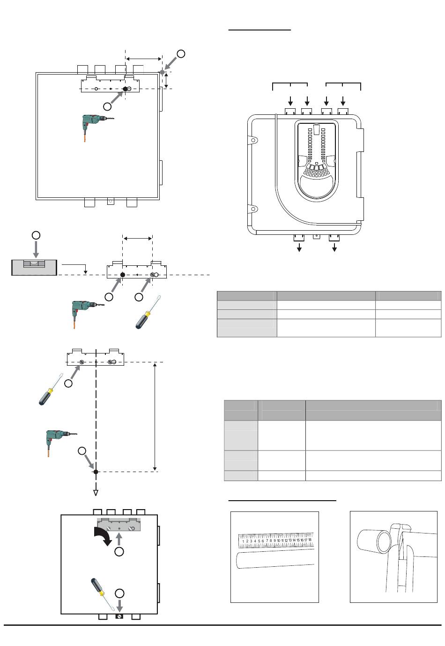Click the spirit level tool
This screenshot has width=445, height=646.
pyautogui.click(x=34, y=267)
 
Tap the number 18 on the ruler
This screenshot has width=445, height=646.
pyautogui.click(x=310, y=540)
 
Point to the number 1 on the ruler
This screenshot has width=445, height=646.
pyautogui.click(x=243, y=541)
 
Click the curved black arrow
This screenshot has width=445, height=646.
pyautogui.click(x=103, y=536)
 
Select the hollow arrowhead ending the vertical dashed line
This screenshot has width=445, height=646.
pyautogui.click(x=96, y=493)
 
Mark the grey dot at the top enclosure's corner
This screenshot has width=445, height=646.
pyautogui.click(x=162, y=72)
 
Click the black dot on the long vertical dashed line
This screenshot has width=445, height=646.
pyautogui.click(x=96, y=472)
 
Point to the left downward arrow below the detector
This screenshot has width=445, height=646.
pyautogui.click(x=299, y=247)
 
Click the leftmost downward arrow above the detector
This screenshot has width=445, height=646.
pyautogui.click(x=290, y=101)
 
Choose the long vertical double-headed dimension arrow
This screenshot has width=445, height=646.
pyautogui.click(x=155, y=417)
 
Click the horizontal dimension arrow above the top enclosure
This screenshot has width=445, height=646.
pyautogui.click(x=144, y=59)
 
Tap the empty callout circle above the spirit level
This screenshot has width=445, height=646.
pyautogui.click(x=36, y=235)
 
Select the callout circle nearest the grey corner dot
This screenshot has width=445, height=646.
pyautogui.click(x=181, y=53)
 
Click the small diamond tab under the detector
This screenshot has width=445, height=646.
pyautogui.click(x=317, y=236)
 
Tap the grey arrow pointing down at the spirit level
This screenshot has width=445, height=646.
pyautogui.click(x=36, y=249)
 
